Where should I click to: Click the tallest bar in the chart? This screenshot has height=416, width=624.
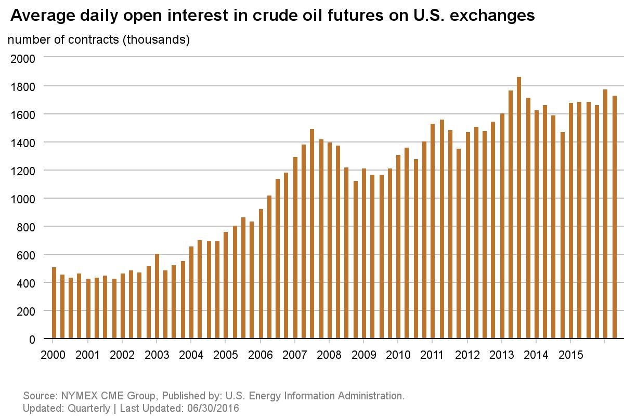pos(518,208)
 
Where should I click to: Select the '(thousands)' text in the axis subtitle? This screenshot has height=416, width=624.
pos(155,40)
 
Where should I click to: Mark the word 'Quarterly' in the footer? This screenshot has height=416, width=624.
pos(88,408)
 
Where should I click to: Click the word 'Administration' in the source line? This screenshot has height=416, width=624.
pos(371,396)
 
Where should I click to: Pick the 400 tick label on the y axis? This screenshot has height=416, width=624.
pos(27,283)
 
